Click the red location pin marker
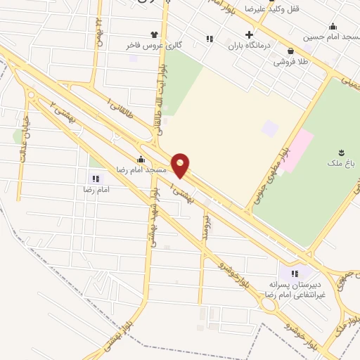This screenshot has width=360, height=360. (181, 165)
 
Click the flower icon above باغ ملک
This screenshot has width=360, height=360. (342, 152)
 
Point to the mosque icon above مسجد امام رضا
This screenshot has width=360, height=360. (141, 159)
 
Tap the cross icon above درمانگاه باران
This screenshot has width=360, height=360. (249, 34)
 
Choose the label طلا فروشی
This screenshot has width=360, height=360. (292, 61)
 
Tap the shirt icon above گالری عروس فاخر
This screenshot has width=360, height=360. (154, 34)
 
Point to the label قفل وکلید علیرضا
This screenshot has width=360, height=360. (264, 9)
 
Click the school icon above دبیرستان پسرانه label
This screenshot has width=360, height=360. (295, 274)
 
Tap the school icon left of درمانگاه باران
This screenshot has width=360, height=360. (209, 39)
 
